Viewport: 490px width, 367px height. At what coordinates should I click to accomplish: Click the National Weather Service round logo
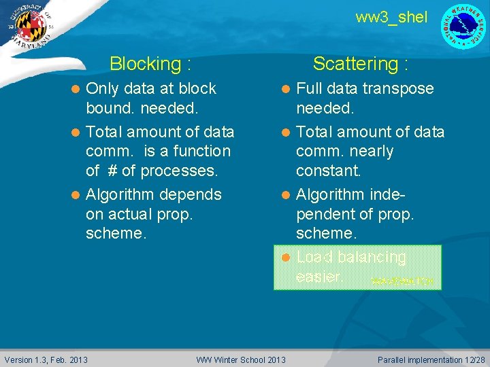coord(464,27)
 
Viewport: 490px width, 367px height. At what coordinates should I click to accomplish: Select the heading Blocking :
coord(150,64)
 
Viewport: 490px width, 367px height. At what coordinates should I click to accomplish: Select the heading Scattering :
coord(361,64)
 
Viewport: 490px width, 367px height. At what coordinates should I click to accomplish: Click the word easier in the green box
coord(318,277)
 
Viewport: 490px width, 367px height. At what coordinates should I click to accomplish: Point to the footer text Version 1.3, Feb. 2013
coord(46,359)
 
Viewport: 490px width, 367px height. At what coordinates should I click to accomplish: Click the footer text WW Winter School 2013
coord(241,359)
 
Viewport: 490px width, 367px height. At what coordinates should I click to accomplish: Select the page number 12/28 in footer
coord(473,359)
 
